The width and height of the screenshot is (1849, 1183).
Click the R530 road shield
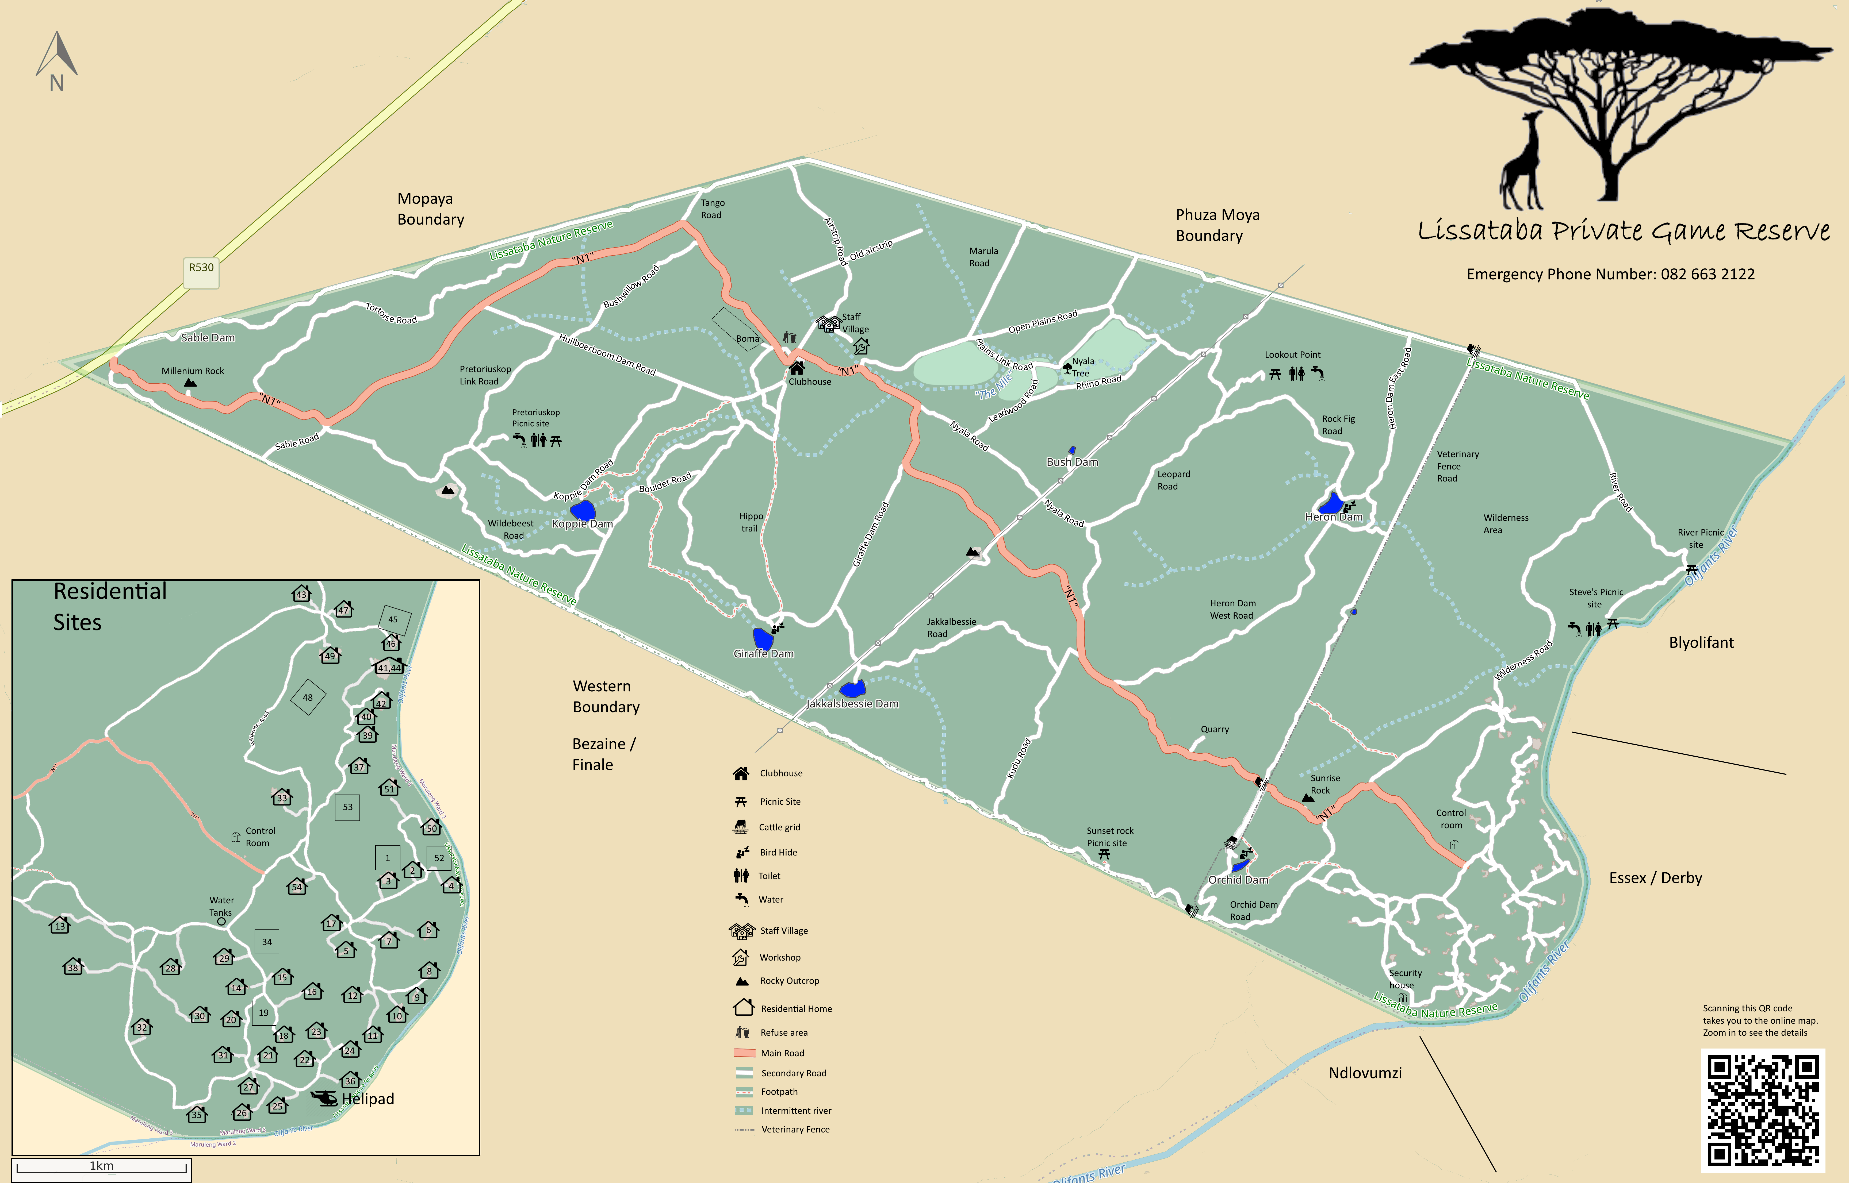click(201, 268)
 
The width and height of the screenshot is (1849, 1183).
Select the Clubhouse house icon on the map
click(797, 368)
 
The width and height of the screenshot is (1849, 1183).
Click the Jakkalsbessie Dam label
click(852, 704)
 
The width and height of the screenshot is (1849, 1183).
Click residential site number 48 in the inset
click(308, 698)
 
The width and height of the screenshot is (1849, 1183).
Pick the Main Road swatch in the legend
click(744, 1053)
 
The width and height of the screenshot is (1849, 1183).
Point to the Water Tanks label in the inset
click(221, 907)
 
